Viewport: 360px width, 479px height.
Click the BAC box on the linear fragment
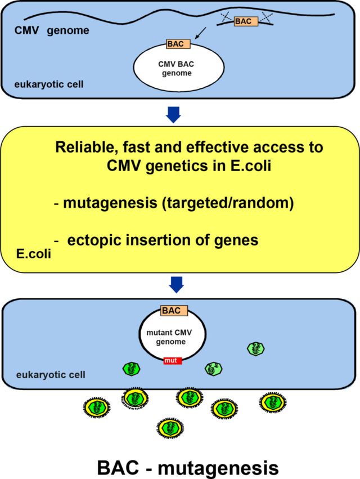coord(246,21)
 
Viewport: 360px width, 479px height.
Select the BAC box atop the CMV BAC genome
coord(178,44)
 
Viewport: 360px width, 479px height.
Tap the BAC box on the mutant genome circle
coord(174,311)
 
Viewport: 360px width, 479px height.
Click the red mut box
coord(173,361)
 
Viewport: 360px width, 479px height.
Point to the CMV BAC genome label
coord(176,69)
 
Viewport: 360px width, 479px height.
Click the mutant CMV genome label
coord(169,337)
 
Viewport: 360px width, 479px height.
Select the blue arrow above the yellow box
coord(173,115)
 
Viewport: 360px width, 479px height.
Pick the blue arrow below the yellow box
coord(176,285)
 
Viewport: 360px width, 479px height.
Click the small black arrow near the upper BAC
coord(200,33)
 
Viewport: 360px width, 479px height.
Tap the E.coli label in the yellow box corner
coord(34,254)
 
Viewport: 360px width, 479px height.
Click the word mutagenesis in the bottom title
coord(218,468)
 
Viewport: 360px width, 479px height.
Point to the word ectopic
coord(94,240)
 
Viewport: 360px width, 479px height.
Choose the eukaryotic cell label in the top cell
coord(49,84)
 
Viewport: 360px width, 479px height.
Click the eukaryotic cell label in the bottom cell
coord(51,375)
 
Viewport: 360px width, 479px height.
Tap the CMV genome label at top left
coord(52,30)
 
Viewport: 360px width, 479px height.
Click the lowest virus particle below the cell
coord(170,428)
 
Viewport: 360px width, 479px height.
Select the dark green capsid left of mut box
coord(131,369)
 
